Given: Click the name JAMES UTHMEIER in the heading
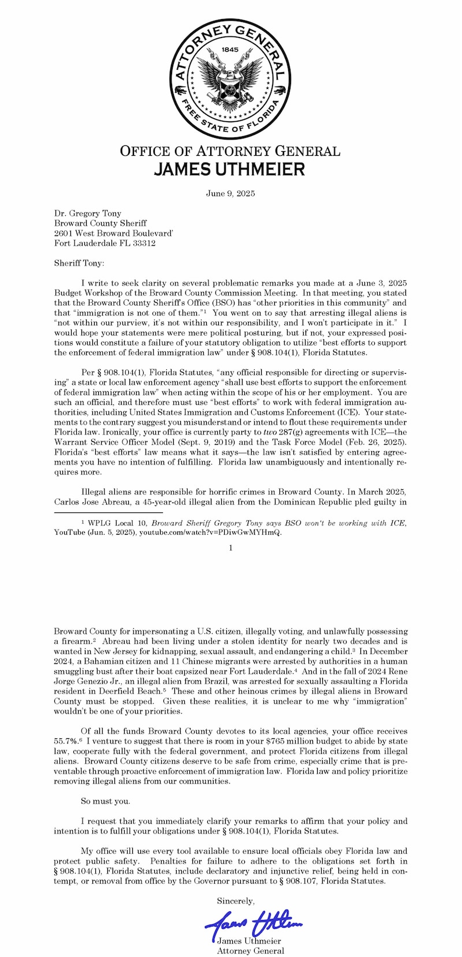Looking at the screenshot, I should pos(230,169).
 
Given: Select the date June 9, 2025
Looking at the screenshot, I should pos(230,193).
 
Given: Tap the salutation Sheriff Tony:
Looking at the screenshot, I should pos(79,263).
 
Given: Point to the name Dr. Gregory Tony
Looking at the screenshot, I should pos(88,213).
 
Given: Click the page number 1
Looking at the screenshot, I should pos(230,547).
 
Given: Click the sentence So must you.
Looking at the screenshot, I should pos(105,801).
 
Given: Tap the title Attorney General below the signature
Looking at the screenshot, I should pos(250,951).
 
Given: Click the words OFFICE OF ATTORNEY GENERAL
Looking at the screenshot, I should pos(230,151).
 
